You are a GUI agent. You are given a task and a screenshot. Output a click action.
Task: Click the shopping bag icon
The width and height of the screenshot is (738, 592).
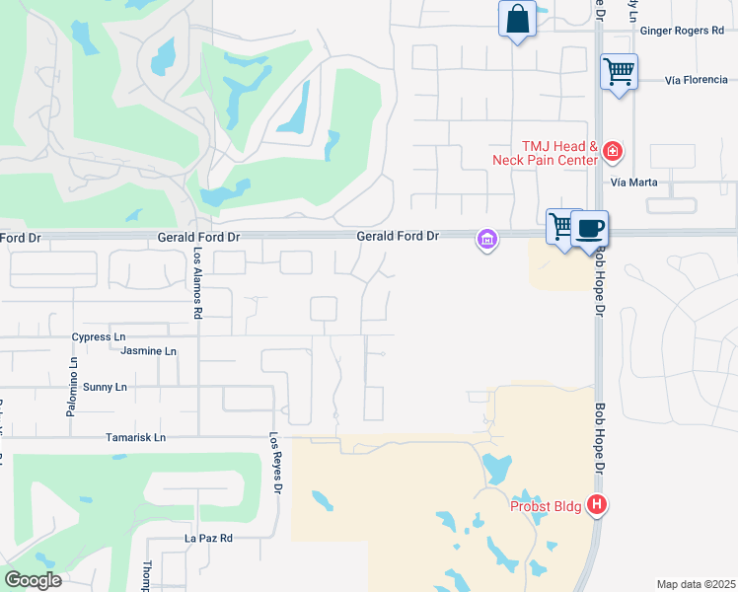(518, 20)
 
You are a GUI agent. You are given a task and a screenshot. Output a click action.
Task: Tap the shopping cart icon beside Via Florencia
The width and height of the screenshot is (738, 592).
(619, 71)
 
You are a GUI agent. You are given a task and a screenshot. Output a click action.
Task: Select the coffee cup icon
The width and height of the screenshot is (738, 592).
(590, 229)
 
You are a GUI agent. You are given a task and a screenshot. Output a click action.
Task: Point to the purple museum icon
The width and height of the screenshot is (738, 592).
(486, 239)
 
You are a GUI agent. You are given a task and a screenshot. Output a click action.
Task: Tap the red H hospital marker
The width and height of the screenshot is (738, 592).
(596, 505)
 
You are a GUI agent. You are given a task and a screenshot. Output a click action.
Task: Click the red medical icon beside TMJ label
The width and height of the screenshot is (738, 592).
(613, 151)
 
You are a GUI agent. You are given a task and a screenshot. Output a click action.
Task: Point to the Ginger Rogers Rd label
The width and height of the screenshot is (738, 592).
(682, 31)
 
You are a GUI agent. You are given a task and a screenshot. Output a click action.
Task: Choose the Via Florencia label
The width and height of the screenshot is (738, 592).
(700, 80)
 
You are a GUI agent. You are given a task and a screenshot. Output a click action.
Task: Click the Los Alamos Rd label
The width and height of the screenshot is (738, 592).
(197, 283)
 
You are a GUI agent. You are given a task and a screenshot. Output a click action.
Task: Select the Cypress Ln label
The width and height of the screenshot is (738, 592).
(99, 336)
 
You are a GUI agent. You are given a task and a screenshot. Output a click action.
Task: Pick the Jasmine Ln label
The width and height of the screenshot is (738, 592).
(148, 350)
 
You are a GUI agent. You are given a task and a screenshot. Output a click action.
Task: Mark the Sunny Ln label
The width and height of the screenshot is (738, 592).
(105, 387)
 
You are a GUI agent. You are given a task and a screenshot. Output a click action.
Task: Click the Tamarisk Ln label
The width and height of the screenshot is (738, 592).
(135, 437)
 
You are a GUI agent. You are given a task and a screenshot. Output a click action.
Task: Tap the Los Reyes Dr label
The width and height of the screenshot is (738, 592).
(277, 464)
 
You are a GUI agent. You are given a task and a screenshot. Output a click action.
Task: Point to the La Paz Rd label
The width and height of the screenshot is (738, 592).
(208, 539)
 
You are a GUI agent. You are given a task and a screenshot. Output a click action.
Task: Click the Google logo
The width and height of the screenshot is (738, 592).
(34, 580)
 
